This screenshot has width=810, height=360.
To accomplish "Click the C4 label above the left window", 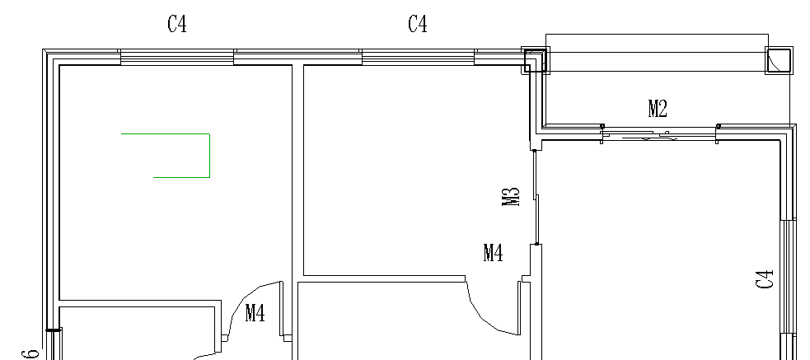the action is [177, 24].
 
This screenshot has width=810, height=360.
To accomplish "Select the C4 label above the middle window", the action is [418, 24].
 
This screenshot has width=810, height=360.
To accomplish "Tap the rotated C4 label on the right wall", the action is [765, 279].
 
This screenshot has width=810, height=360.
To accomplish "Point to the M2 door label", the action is [658, 109].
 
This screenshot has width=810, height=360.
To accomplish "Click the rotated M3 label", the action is [510, 197].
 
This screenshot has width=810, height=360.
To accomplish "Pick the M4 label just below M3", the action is [494, 253].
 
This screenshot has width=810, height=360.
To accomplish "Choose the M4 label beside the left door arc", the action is [255, 313].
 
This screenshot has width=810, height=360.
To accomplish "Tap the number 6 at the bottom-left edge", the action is [30, 353].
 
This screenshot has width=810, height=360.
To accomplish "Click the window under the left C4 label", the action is [177, 58].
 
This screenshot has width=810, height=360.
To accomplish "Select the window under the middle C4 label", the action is [418, 58].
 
